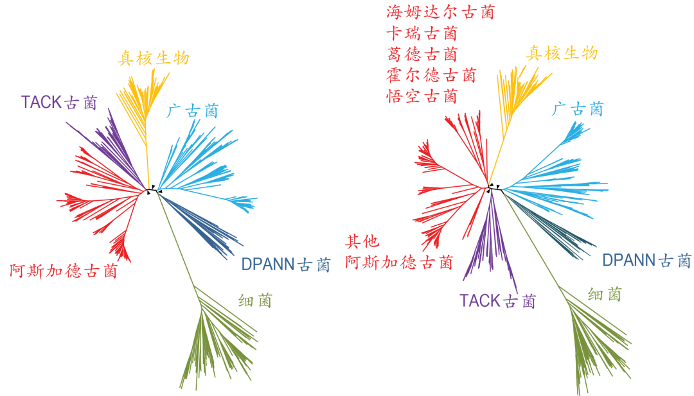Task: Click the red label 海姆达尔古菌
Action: pyautogui.click(x=440, y=12)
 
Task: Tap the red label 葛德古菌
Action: pyautogui.click(x=422, y=54)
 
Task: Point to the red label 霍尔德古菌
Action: pyautogui.click(x=431, y=75)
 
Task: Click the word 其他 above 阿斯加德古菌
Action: pyautogui.click(x=362, y=241)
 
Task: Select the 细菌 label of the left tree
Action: pyautogui.click(x=254, y=300)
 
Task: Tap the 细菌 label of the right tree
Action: pyautogui.click(x=604, y=295)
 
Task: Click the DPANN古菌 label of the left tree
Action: pyautogui.click(x=285, y=264)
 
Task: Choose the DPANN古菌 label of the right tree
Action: pyautogui.click(x=646, y=260)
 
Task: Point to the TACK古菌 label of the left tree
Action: pyautogui.click(x=59, y=102)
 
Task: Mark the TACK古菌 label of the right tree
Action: pyautogui.click(x=497, y=300)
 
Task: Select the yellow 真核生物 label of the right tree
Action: pyautogui.click(x=562, y=53)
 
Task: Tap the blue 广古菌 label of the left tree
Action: pyautogui.click(x=192, y=112)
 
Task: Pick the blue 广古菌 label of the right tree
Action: pyautogui.click(x=578, y=110)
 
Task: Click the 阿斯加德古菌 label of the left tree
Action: pyautogui.click(x=64, y=271)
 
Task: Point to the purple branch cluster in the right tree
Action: pyautogui.click(x=492, y=244)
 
